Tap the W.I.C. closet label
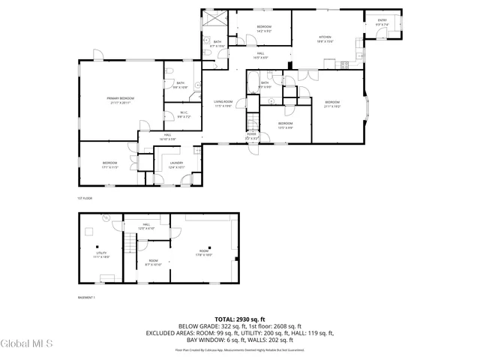click(184, 115)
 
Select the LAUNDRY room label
click(176, 165)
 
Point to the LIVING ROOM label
click(223, 103)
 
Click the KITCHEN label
click(325, 39)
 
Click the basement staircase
click(132, 244)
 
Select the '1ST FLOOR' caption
click(85, 198)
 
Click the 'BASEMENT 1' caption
click(88, 297)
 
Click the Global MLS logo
click(26, 344)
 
